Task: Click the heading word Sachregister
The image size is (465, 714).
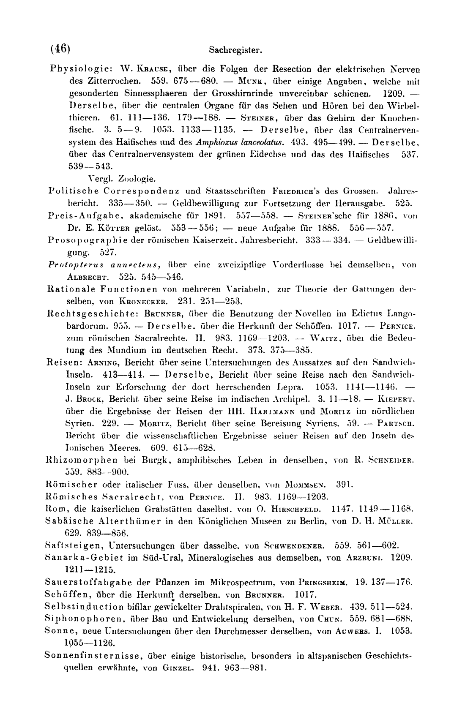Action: pyautogui.click(x=235, y=51)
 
